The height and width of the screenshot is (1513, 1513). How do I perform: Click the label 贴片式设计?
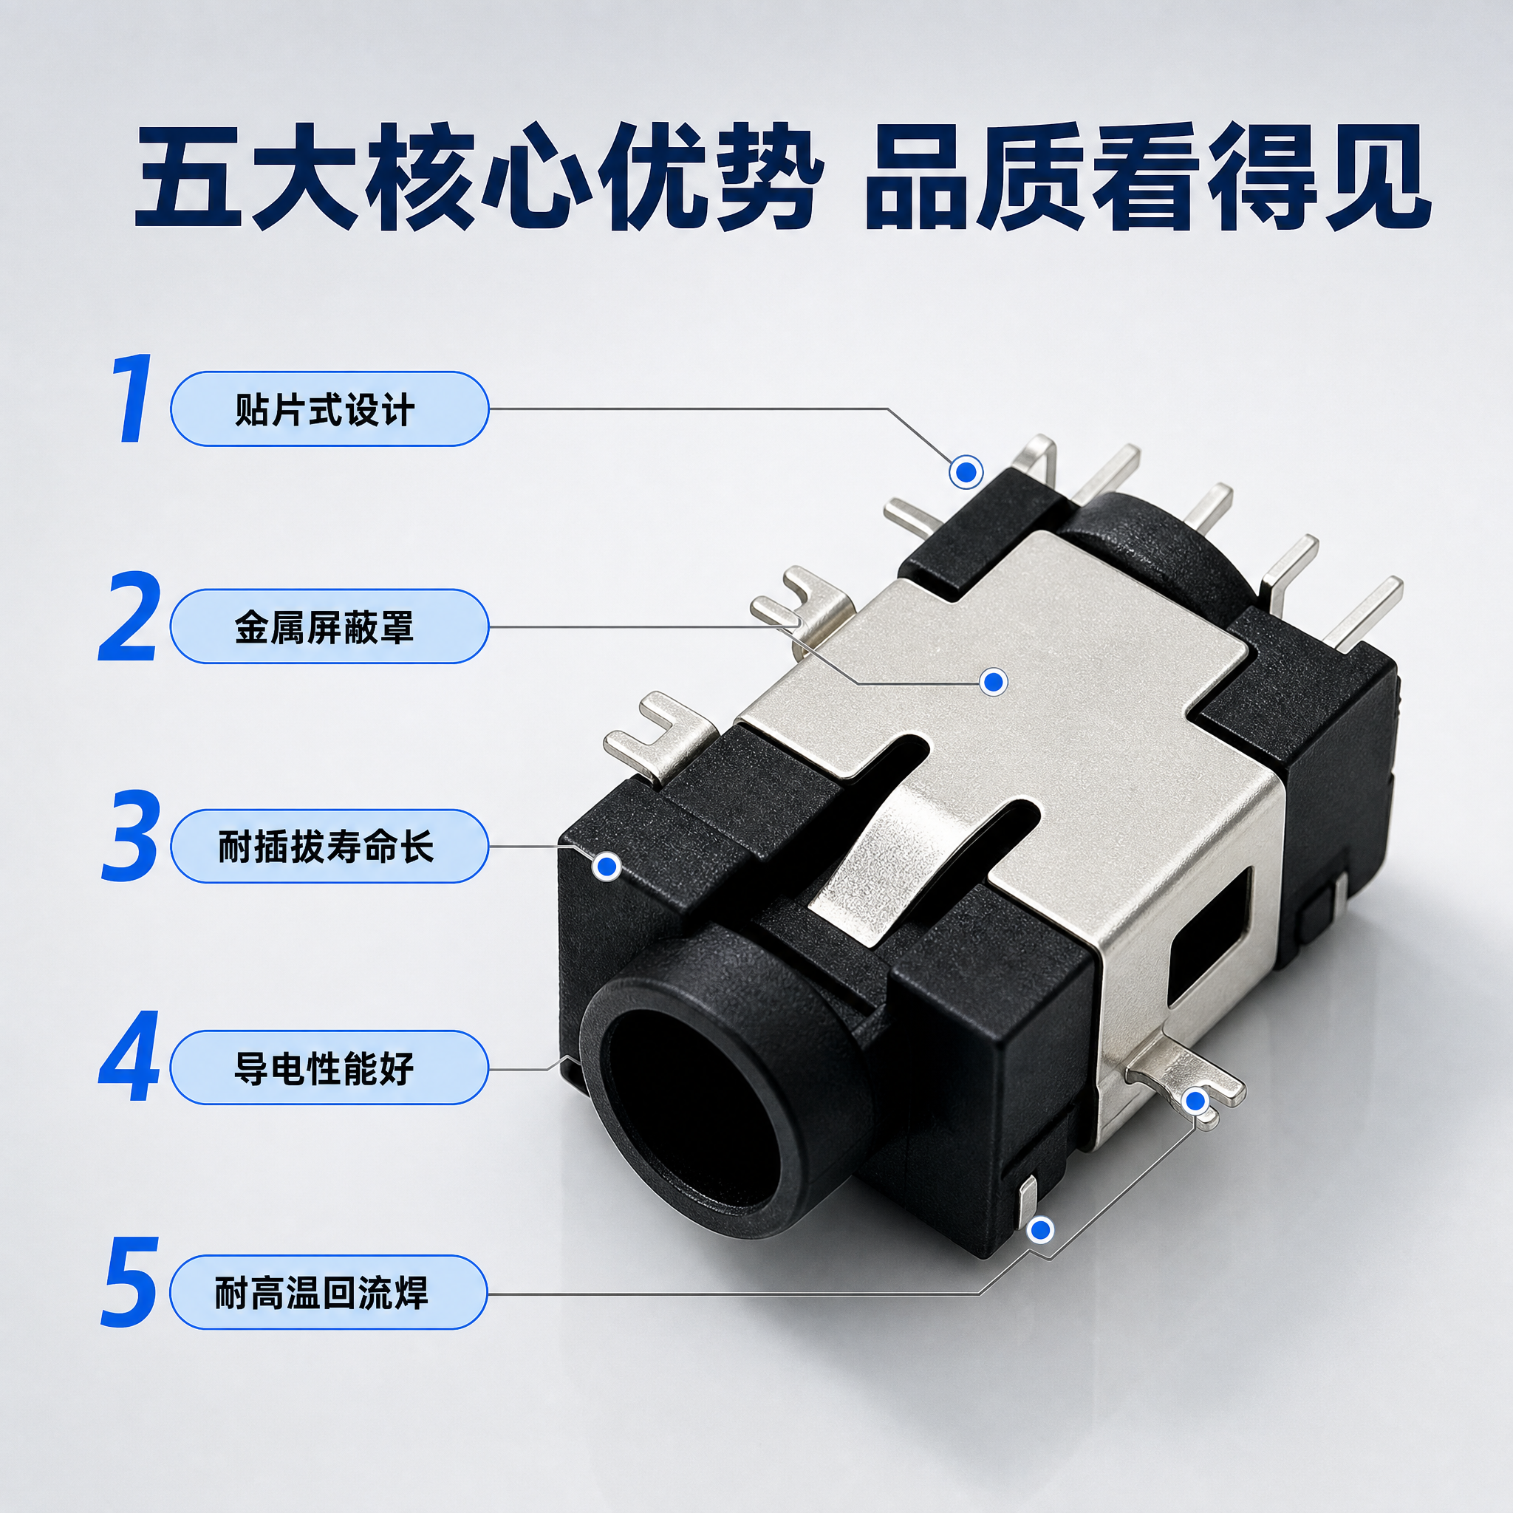[325, 409]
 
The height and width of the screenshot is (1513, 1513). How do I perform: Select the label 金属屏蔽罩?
[325, 627]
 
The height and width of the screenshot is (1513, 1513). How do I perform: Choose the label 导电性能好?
[324, 1068]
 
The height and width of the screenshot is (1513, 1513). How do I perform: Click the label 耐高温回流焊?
[322, 1293]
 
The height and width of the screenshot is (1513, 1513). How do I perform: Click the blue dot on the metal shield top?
[994, 681]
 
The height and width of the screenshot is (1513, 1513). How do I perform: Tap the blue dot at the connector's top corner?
[966, 472]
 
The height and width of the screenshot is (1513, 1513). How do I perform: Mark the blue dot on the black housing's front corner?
[607, 866]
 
